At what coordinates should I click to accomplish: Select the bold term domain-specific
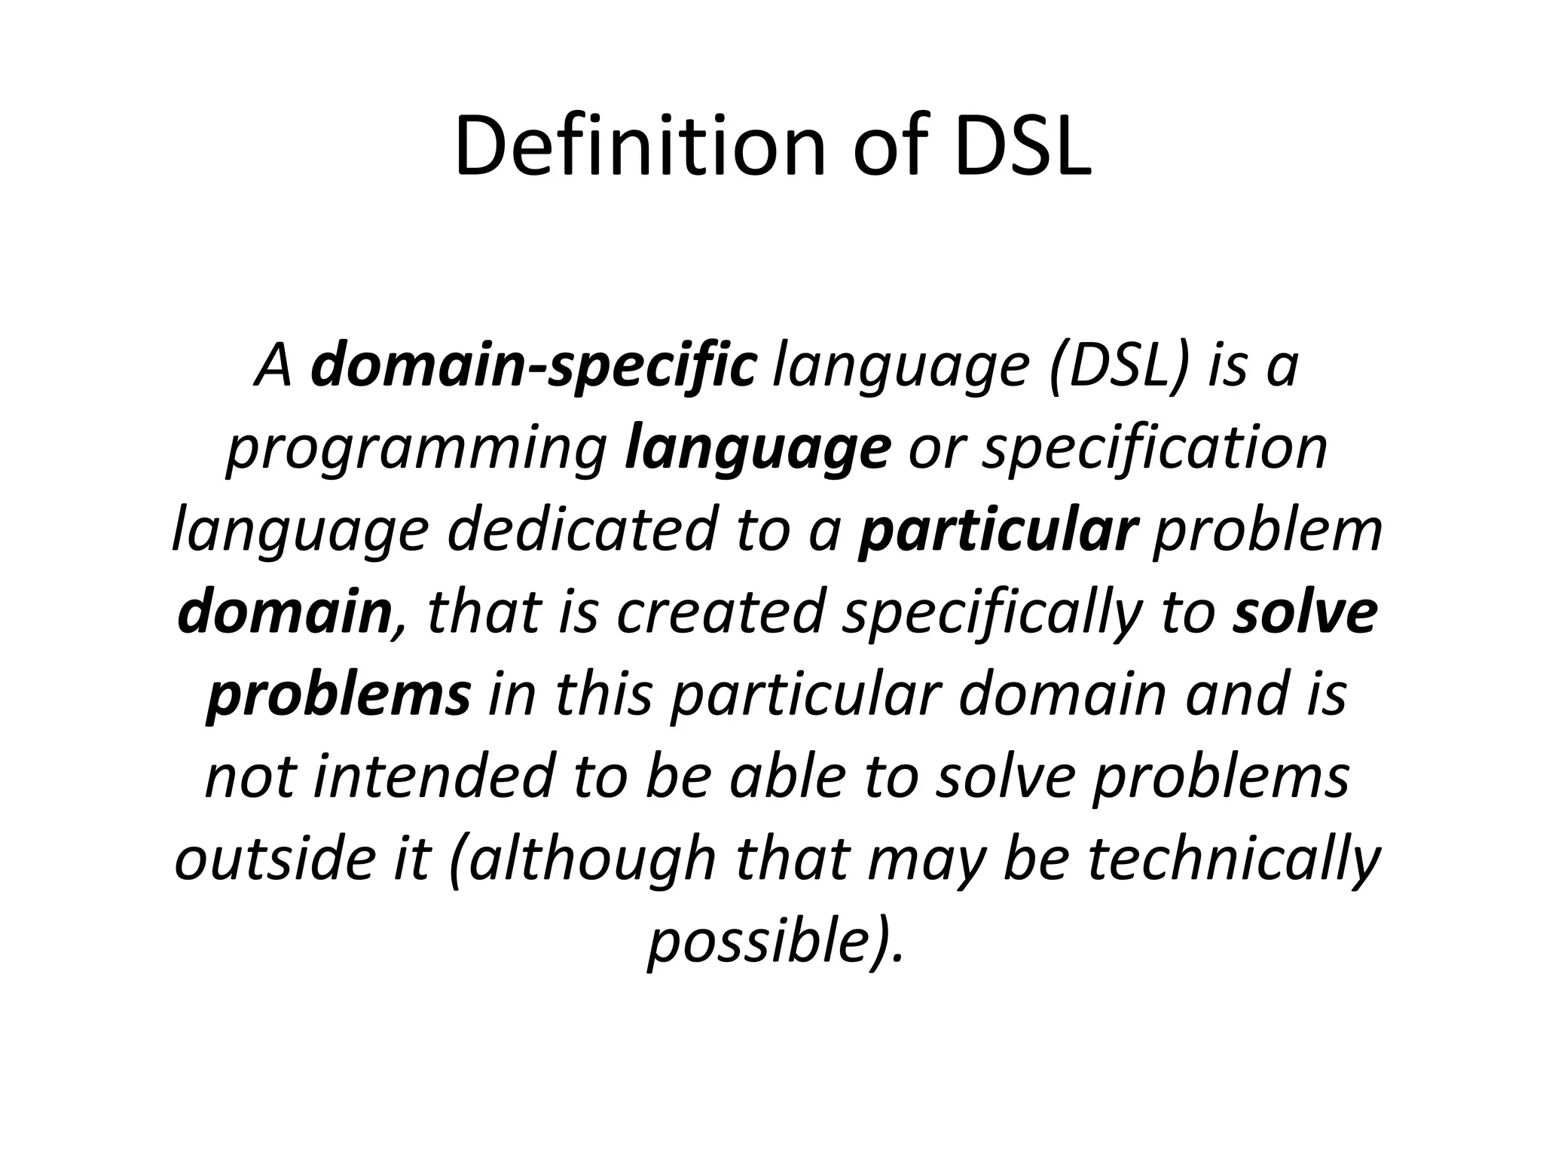533,365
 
